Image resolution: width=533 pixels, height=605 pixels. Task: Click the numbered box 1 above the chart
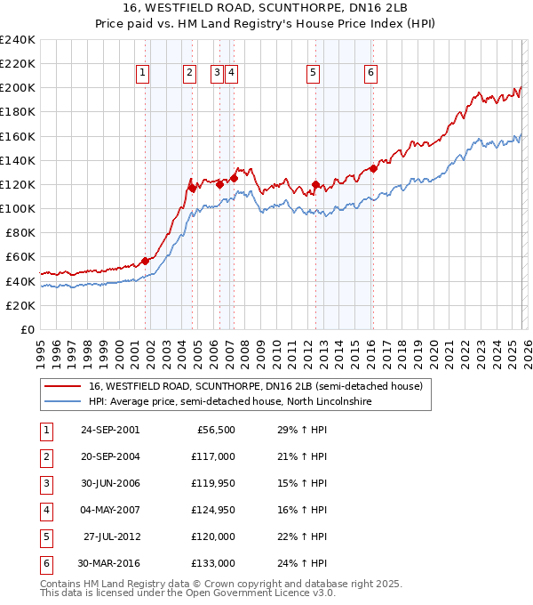[143, 74]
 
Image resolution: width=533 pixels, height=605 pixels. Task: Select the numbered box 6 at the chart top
[370, 74]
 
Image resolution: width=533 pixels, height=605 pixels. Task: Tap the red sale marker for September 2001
[145, 261]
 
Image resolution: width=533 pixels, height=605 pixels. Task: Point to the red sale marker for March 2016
[373, 168]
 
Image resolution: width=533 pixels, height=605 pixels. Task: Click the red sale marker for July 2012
[315, 184]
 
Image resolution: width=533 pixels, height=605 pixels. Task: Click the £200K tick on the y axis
[18, 88]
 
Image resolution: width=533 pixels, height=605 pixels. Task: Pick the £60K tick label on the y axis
[18, 256]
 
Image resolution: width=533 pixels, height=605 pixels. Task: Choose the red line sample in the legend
[63, 386]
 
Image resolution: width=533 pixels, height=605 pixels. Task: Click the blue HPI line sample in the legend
[63, 401]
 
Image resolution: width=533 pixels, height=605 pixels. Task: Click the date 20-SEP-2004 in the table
[110, 456]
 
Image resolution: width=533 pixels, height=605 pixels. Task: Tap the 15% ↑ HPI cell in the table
[297, 483]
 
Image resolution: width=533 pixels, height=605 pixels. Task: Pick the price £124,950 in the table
[213, 511]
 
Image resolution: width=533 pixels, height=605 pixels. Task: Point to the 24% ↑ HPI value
[297, 564]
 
